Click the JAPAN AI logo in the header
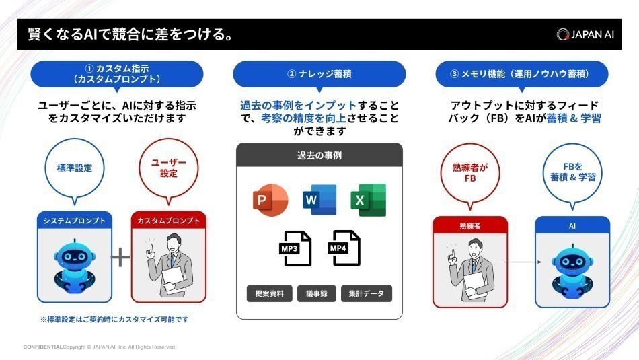[585, 34]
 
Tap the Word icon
[319, 200]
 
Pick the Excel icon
[368, 200]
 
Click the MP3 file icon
[295, 248]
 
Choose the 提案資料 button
[269, 293]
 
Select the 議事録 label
[316, 293]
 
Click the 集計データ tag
[366, 293]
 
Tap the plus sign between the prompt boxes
[120, 258]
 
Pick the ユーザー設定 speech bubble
[168, 169]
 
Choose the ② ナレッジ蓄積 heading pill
[319, 74]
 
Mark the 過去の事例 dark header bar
[319, 155]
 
